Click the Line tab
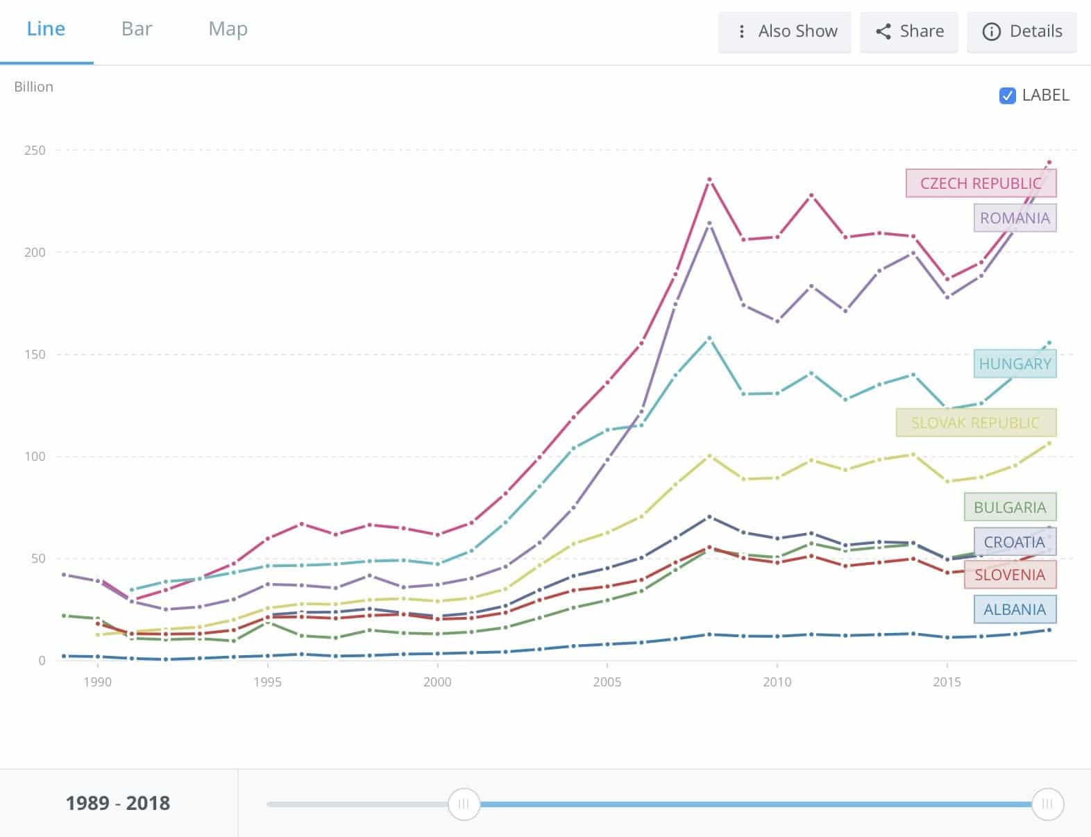point(46,29)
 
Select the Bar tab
point(137,29)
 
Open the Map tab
point(228,29)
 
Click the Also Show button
point(785,32)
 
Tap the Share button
point(909,32)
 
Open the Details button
point(1022,32)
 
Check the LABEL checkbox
point(1007,96)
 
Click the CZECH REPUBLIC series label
point(981,183)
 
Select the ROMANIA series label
point(1015,218)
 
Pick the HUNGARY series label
point(1015,364)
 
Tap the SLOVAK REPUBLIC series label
point(975,423)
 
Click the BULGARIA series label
point(1010,507)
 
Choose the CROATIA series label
point(1014,542)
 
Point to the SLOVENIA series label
point(1010,575)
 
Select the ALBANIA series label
point(1014,609)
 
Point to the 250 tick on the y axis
point(35,151)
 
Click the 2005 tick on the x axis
point(607,682)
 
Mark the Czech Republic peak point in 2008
point(709,180)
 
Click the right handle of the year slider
point(1047,804)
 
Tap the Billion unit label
point(33,87)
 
